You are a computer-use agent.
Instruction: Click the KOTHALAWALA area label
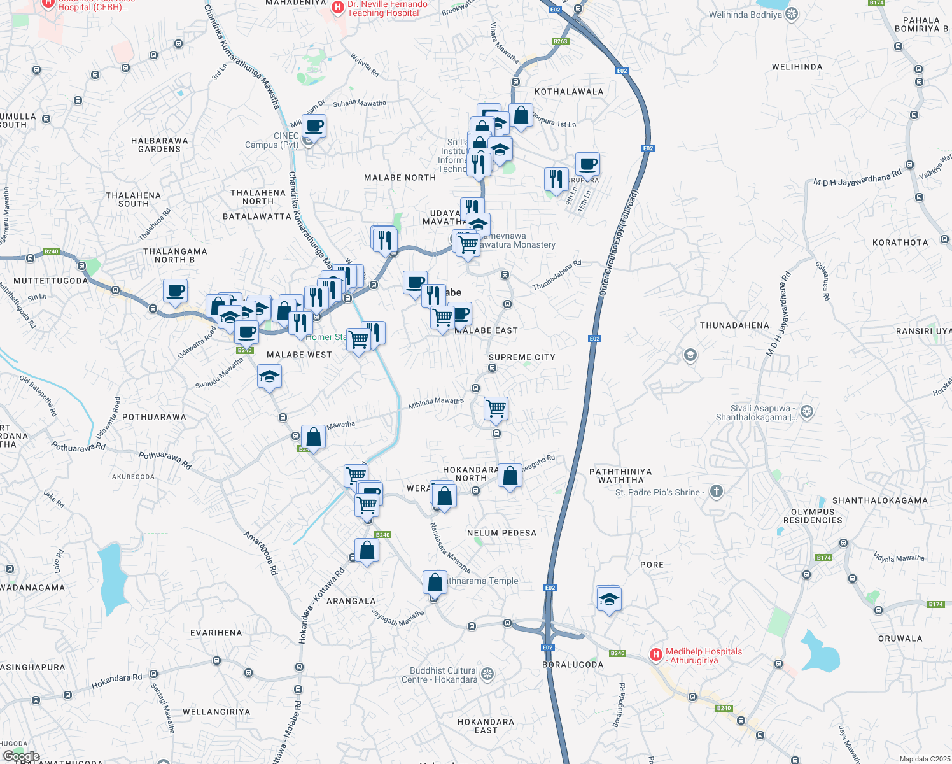[x=568, y=92]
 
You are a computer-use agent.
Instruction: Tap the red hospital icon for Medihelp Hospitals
[x=655, y=654]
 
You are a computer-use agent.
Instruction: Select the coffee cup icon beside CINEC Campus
[x=314, y=125]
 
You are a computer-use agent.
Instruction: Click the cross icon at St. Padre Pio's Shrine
[x=717, y=491]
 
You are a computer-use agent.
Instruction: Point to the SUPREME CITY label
[x=522, y=357]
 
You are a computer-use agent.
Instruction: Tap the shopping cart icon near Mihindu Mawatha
[x=496, y=408]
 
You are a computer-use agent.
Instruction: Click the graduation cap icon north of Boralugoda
[x=609, y=598]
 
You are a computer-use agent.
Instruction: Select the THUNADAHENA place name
[x=734, y=325]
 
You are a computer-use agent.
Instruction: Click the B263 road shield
[x=560, y=41]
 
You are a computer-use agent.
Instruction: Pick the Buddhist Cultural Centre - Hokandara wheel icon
[x=487, y=674]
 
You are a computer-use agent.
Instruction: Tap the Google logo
[x=22, y=756]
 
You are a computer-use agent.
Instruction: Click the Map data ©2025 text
[x=923, y=759]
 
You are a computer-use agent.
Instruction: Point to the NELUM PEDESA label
[x=501, y=533]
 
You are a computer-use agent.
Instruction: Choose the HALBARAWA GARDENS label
[x=159, y=145]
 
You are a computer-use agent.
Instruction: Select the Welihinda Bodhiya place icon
[x=792, y=15]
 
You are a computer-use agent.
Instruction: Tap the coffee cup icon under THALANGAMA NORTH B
[x=175, y=290]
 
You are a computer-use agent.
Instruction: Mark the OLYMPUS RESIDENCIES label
[x=813, y=516]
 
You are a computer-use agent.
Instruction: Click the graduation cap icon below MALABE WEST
[x=269, y=376]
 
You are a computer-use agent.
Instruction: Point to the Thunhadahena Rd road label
[x=557, y=275]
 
